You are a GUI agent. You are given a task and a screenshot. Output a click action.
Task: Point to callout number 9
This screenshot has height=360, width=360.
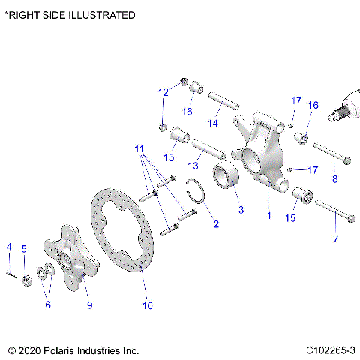click(x=89, y=305)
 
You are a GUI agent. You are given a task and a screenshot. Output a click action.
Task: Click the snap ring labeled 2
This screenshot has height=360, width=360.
click(x=197, y=197)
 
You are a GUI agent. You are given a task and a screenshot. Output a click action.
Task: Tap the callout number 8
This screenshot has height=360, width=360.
click(x=334, y=178)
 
